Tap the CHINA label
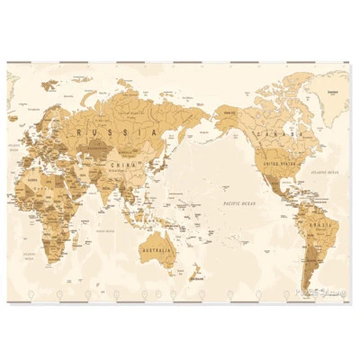121,166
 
